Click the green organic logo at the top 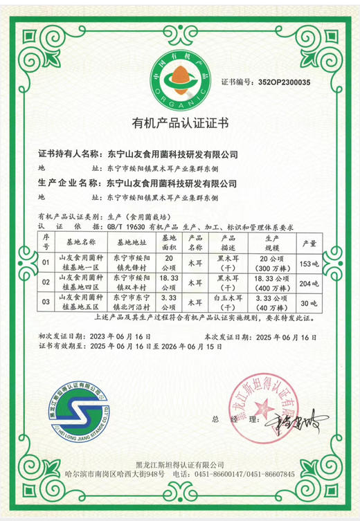(x=180, y=78)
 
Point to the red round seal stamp (x=271, y=410)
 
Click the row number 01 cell (x=46, y=264)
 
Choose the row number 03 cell (x=46, y=302)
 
